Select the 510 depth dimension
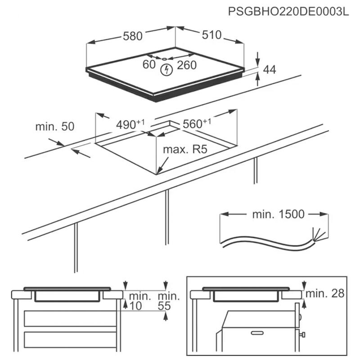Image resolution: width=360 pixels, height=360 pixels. (x=211, y=35)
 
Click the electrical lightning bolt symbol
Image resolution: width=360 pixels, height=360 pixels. (x=167, y=70)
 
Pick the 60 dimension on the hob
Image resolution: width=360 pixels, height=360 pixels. (x=149, y=65)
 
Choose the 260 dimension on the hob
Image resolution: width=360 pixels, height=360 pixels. (x=187, y=65)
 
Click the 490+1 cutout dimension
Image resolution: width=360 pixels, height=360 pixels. (x=131, y=124)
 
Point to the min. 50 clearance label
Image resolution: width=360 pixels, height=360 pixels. (x=54, y=126)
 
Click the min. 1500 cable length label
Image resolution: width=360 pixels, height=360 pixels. (x=279, y=214)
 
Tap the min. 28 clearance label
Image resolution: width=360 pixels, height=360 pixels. (x=325, y=294)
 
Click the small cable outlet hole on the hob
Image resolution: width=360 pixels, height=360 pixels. (x=165, y=59)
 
